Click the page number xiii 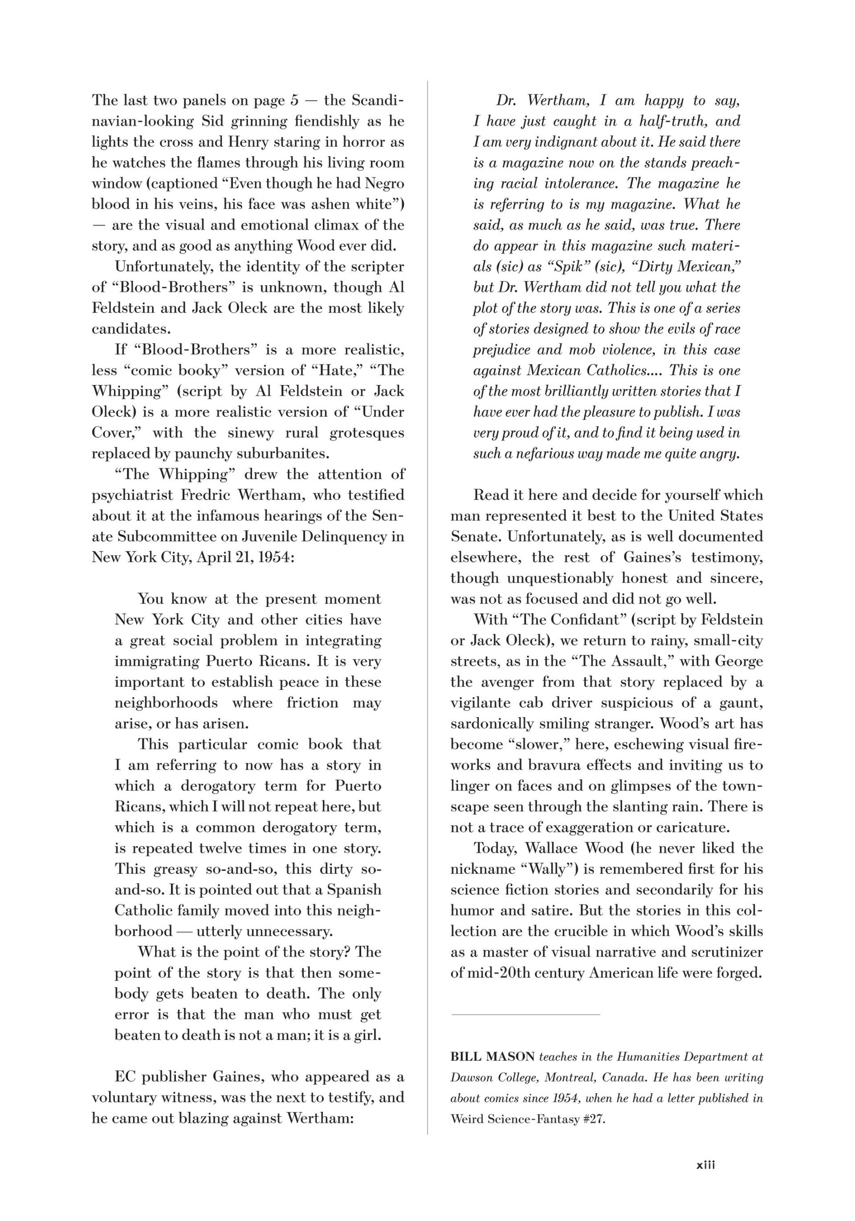705,1164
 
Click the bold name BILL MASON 492,1057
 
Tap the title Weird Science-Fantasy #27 527,1119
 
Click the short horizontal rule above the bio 525,1014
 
